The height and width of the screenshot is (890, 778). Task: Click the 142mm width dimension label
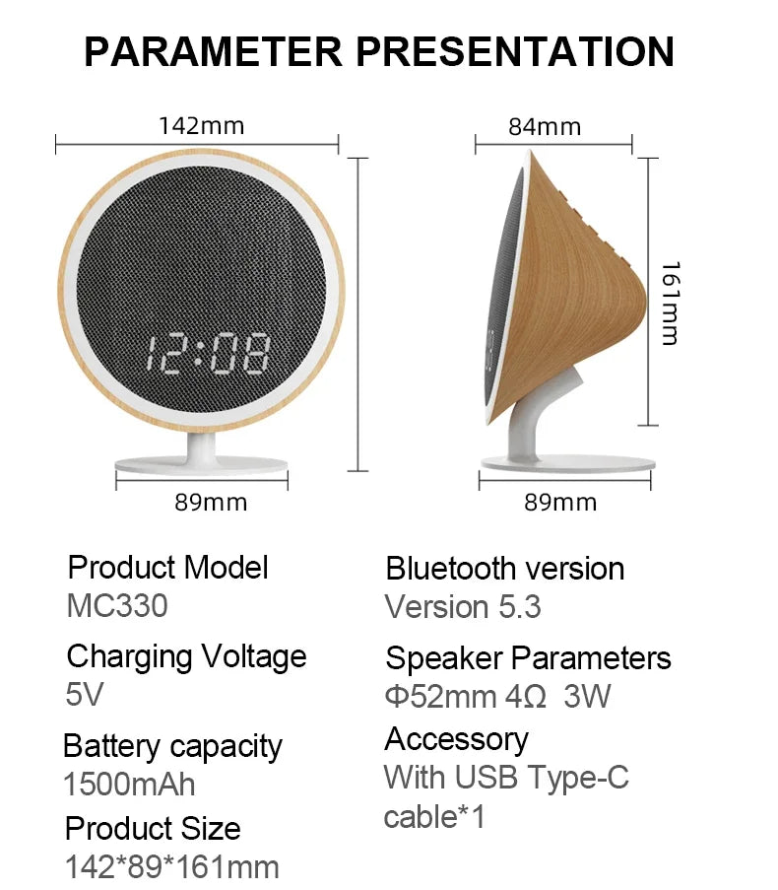coord(201,125)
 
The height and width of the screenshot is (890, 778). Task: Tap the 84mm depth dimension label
coord(545,126)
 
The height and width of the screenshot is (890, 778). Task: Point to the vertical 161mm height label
coord(671,304)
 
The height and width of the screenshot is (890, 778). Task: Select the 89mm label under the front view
coord(211,503)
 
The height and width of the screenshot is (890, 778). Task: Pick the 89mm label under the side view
coord(560,503)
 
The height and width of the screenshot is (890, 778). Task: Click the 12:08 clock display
coord(208,354)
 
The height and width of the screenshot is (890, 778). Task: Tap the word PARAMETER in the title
coord(213,51)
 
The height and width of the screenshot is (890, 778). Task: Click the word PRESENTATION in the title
coord(515,51)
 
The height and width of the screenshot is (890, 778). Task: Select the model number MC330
coord(117,605)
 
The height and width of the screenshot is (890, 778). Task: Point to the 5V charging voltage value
coord(85,694)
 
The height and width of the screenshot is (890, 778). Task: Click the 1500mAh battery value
coord(129,785)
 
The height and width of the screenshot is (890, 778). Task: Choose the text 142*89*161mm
coord(172,867)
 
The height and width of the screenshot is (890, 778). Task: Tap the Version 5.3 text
coord(463,607)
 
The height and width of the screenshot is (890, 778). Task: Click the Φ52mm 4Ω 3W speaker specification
coord(498,696)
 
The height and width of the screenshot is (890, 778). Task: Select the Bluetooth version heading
coord(504,568)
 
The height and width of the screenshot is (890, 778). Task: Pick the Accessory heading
coord(457,739)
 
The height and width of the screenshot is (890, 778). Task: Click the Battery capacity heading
coord(173,746)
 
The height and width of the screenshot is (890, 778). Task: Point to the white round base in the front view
coord(201,466)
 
